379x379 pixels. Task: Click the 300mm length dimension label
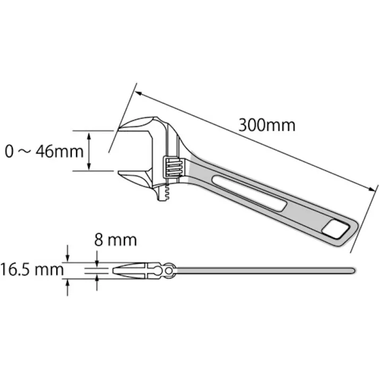click(266, 125)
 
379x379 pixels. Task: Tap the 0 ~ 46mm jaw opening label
click(44, 151)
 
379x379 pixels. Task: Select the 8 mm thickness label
click(115, 240)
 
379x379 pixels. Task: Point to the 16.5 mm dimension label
click(31, 270)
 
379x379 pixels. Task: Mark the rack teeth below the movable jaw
click(166, 194)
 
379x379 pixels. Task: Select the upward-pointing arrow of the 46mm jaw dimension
click(90, 135)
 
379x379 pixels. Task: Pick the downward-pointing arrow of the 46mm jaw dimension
click(90, 166)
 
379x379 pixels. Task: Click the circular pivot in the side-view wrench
click(170, 271)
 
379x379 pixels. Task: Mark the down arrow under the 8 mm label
click(97, 262)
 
